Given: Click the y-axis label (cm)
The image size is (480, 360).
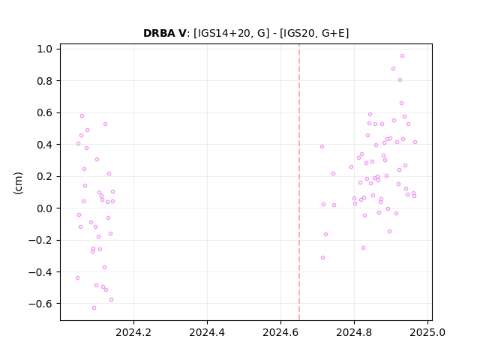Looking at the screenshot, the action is pyautogui.click(x=18, y=183).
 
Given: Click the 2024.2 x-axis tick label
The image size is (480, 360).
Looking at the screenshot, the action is pyautogui.click(x=133, y=332).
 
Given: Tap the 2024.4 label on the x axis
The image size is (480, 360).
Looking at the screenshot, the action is pyautogui.click(x=207, y=332).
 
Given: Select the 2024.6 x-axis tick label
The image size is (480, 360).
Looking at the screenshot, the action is pyautogui.click(x=280, y=332).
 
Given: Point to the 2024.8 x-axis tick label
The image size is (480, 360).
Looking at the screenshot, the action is pyautogui.click(x=354, y=332).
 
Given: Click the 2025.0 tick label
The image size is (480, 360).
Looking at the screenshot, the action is pyautogui.click(x=427, y=332).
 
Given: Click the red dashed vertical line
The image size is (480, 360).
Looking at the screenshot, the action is pyautogui.click(x=299, y=182).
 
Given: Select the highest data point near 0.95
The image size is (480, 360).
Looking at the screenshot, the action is pyautogui.click(x=402, y=56).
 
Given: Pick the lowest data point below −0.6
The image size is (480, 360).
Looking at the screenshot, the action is pyautogui.click(x=94, y=308).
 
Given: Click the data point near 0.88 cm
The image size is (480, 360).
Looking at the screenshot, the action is pyautogui.click(x=393, y=68).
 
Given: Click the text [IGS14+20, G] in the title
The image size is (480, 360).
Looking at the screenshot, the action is pyautogui.click(x=232, y=33).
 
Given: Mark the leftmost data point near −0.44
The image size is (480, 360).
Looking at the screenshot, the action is pyautogui.click(x=78, y=278).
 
